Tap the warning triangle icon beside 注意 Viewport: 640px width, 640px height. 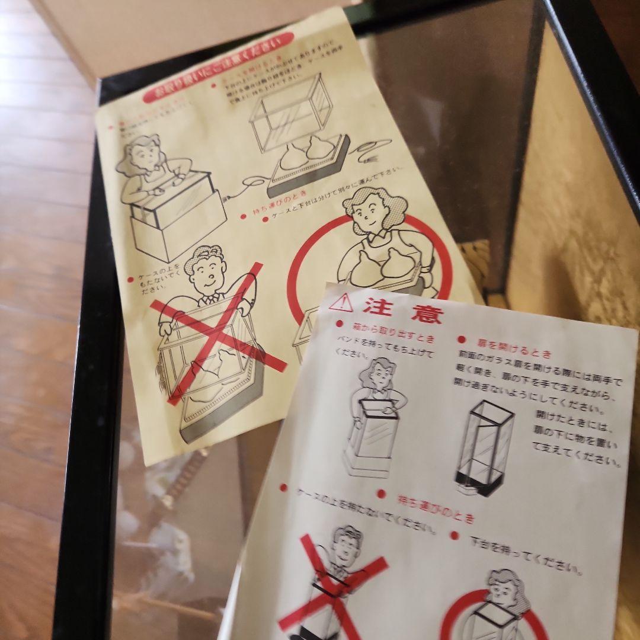pyautogui.click(x=341, y=303)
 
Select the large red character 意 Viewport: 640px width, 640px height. pyautogui.click(x=426, y=313)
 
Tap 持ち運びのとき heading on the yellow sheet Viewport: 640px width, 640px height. pyautogui.click(x=279, y=204)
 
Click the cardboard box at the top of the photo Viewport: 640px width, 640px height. pyautogui.click(x=178, y=30)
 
